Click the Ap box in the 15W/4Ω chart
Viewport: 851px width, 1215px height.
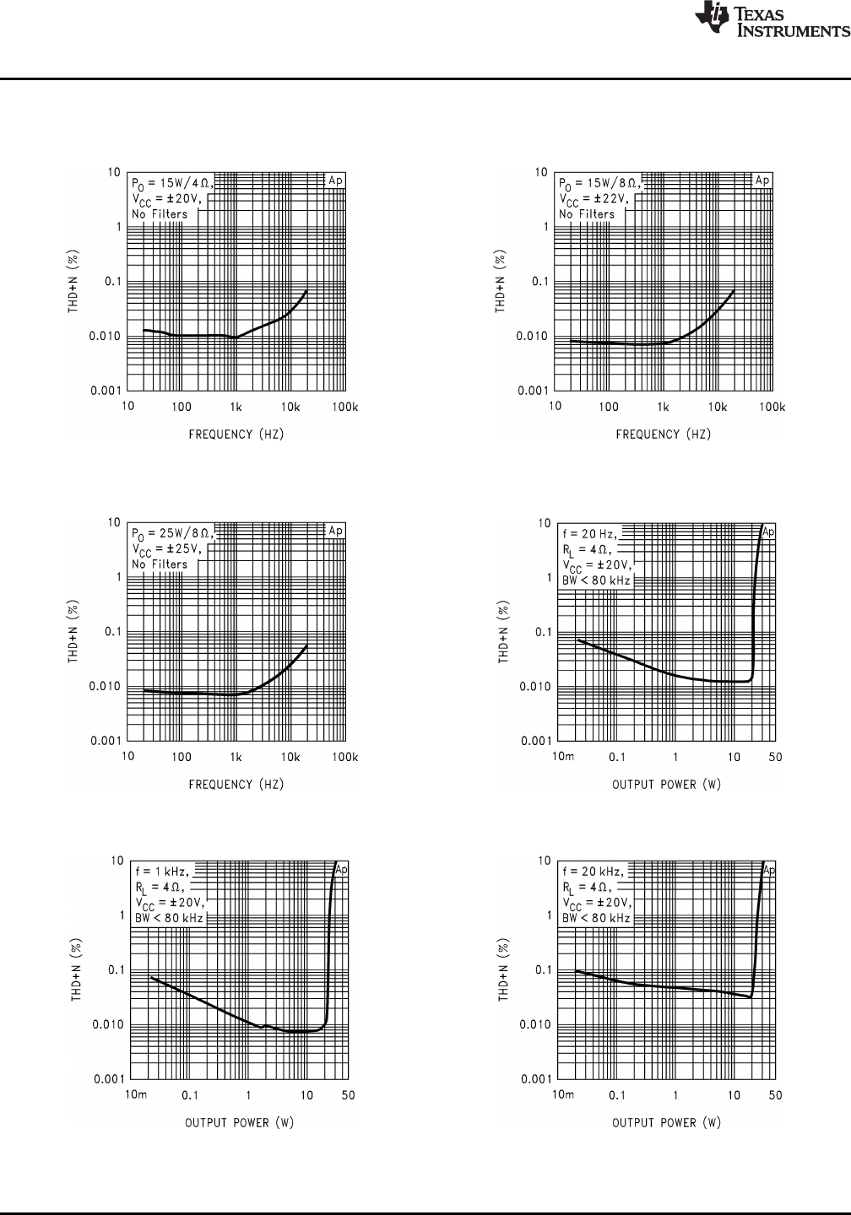click(x=336, y=180)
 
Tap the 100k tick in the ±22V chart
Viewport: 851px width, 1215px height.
click(x=772, y=407)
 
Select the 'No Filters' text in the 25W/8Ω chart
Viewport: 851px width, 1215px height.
click(x=159, y=564)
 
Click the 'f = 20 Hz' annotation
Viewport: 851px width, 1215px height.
click(x=589, y=533)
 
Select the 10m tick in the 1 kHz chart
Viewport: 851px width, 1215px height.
click(x=136, y=1095)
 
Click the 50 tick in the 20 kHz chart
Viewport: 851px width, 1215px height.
click(x=775, y=1095)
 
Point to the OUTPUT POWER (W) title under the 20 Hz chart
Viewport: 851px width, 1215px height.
click(x=666, y=785)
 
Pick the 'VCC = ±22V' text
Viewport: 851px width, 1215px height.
click(x=592, y=199)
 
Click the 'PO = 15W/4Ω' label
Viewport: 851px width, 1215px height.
click(x=171, y=182)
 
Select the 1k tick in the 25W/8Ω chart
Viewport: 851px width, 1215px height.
click(x=236, y=757)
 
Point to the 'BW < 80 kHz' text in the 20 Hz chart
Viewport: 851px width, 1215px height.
click(x=596, y=580)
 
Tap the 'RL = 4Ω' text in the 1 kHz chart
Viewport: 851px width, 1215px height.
click(x=162, y=887)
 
